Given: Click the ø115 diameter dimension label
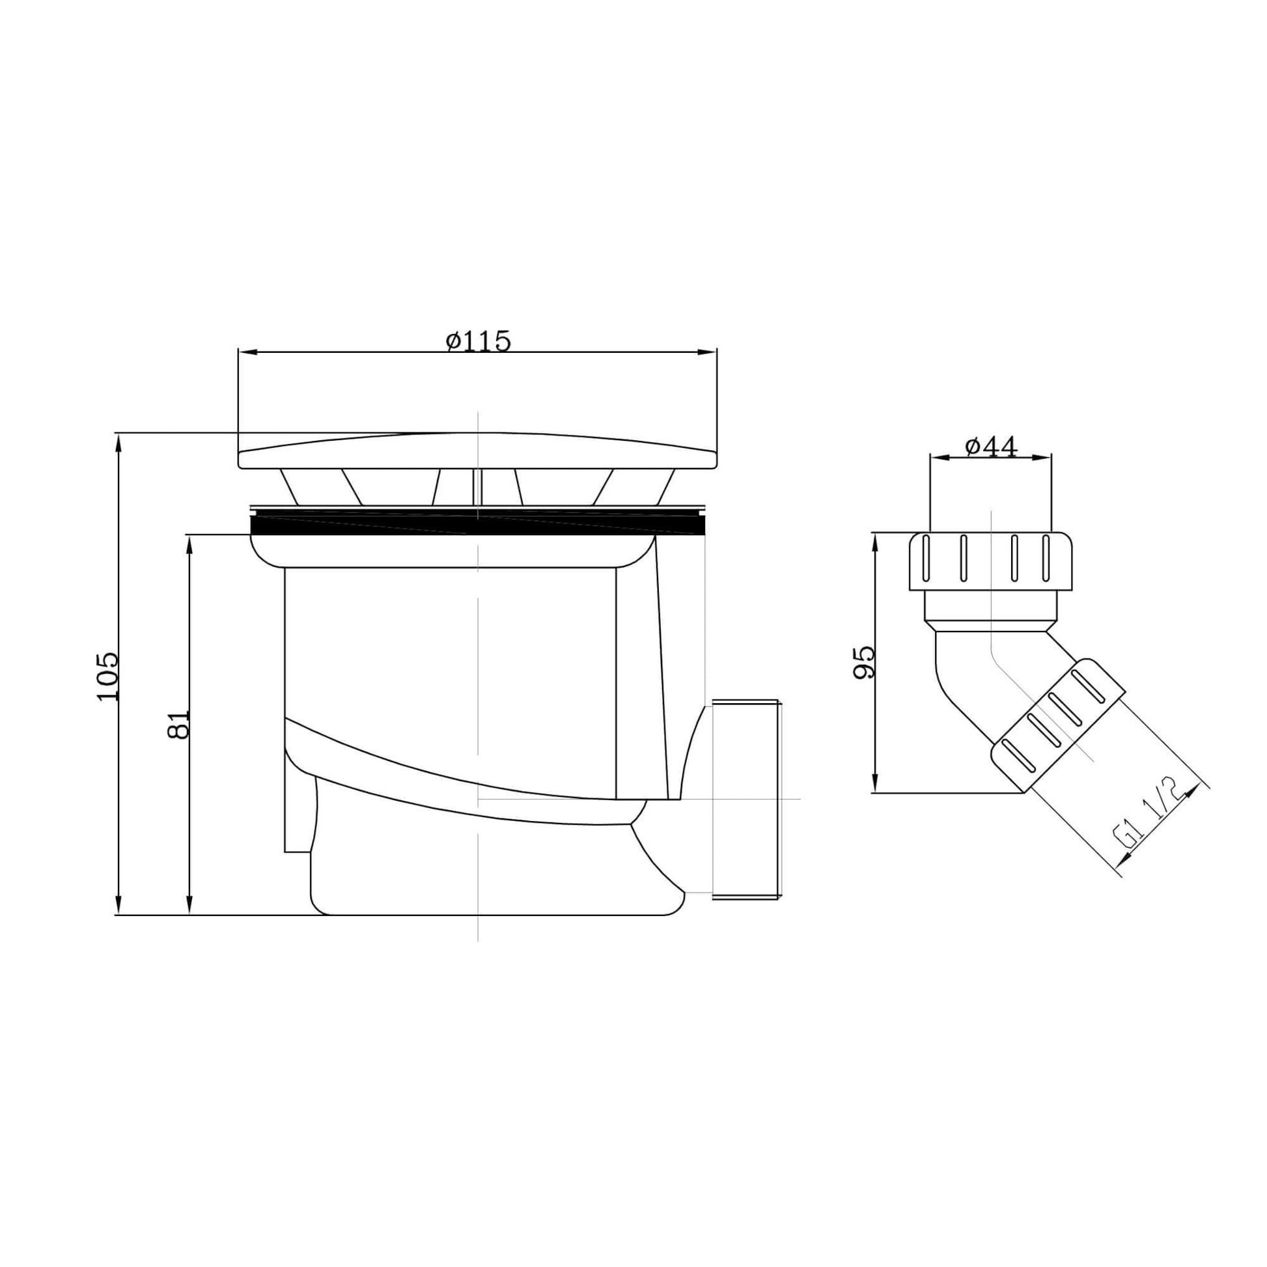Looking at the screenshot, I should [x=478, y=341].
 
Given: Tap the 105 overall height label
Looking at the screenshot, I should [x=107, y=676].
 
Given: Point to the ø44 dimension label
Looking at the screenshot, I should [x=991, y=447].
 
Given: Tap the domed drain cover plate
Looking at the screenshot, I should [x=477, y=451].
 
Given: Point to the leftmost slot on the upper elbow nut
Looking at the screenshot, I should [x=926, y=558].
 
